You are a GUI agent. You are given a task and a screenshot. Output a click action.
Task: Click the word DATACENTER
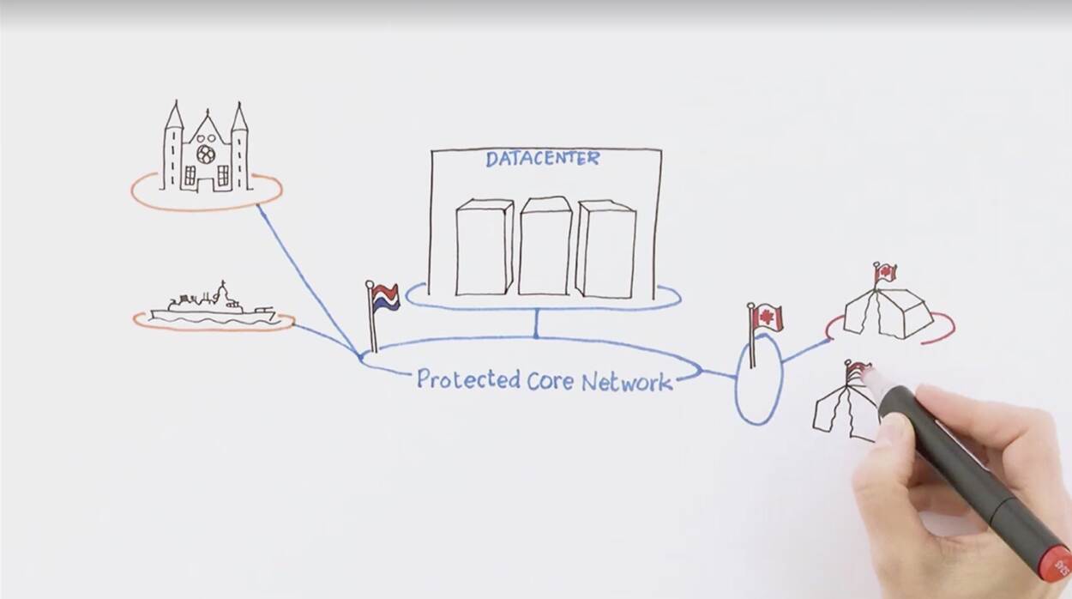coord(542,159)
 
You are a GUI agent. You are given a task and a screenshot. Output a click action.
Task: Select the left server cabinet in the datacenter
coord(484,247)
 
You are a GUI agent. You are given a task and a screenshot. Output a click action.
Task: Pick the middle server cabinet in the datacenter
coord(545,245)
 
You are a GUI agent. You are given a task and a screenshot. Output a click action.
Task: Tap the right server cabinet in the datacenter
coord(605,249)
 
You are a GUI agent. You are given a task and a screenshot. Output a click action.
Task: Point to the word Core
coord(548,380)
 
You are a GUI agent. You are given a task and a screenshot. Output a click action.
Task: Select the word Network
coord(626,382)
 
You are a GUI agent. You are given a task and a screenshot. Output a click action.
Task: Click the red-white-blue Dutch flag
coord(385,297)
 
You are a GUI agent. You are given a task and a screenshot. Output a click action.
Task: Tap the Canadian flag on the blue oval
coord(767,318)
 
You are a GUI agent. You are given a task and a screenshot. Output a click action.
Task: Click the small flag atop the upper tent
coord(885,273)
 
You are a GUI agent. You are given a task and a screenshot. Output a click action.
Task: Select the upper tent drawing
coord(888,312)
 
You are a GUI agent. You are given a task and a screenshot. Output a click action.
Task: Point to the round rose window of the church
coord(206,154)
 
